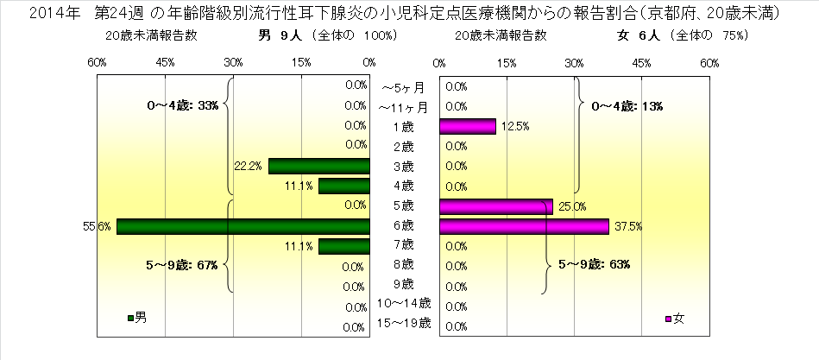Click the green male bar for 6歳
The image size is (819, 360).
[243, 226]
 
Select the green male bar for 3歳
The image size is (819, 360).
[319, 166]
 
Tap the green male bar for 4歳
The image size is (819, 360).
[344, 186]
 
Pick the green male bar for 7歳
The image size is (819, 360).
[344, 246]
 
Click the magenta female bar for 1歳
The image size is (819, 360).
[467, 126]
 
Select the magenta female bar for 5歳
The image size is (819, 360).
[495, 206]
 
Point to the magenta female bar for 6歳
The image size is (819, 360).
[524, 226]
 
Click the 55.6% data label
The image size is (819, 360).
[96, 226]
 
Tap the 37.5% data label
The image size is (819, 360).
[626, 226]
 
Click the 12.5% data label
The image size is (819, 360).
[513, 126]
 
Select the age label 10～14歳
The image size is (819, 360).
[404, 305]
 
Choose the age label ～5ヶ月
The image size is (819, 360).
[403, 87]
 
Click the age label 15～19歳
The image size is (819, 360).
[404, 325]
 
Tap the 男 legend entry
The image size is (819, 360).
[136, 318]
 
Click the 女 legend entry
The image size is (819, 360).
[674, 318]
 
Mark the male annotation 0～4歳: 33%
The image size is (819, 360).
[183, 106]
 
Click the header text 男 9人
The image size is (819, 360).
[279, 36]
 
